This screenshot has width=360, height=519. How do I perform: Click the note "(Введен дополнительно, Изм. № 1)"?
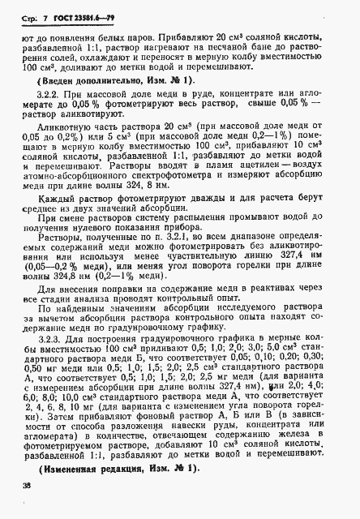(114, 103)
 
